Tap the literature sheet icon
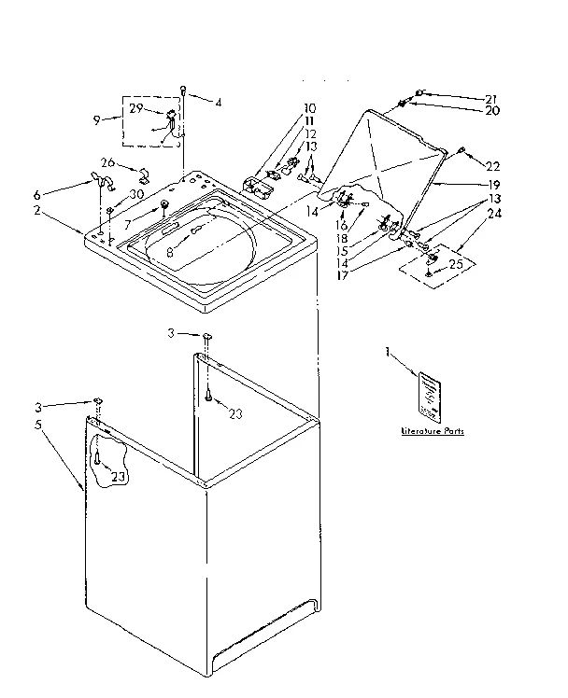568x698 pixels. pyautogui.click(x=429, y=392)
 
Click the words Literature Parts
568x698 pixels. pyautogui.click(x=431, y=432)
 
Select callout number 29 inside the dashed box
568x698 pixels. pyautogui.click(x=136, y=110)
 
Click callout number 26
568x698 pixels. pyautogui.click(x=108, y=162)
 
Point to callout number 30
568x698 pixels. pyautogui.click(x=136, y=193)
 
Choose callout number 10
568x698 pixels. pyautogui.click(x=309, y=108)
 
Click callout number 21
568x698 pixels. pyautogui.click(x=491, y=99)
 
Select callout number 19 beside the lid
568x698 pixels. pyautogui.click(x=492, y=185)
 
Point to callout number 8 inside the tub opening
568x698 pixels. pyautogui.click(x=168, y=251)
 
